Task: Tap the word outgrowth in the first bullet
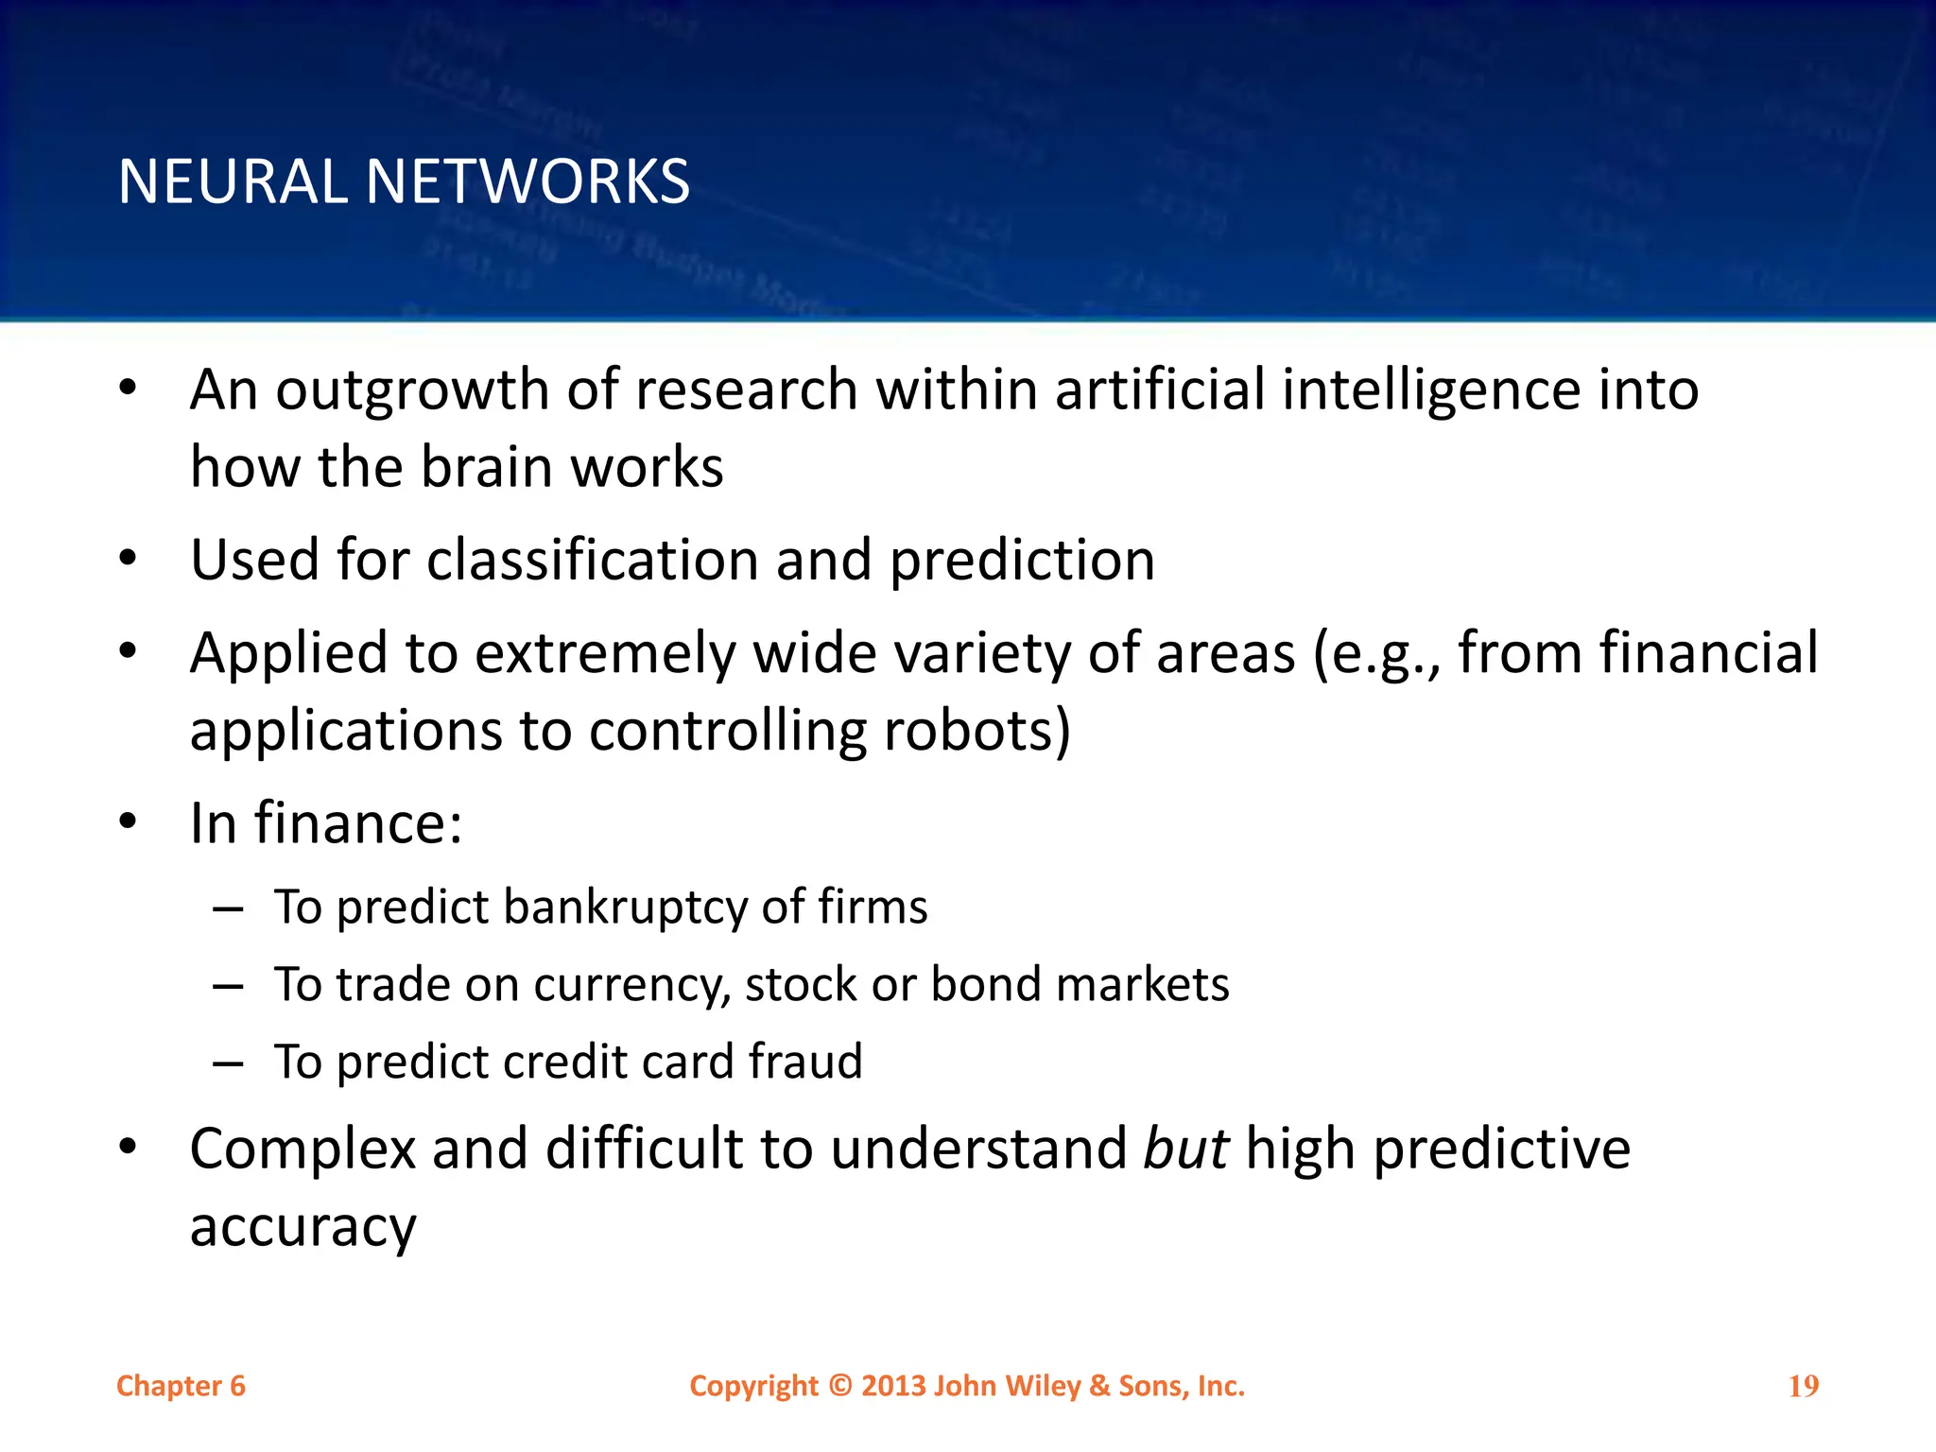[411, 390]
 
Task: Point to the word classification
[592, 560]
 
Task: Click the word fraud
[805, 1062]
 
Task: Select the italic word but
[1185, 1149]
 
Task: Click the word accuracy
[302, 1227]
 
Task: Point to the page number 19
[1803, 1386]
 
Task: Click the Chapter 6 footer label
[181, 1386]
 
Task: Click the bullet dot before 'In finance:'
[128, 821]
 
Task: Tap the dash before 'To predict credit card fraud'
[229, 1063]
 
